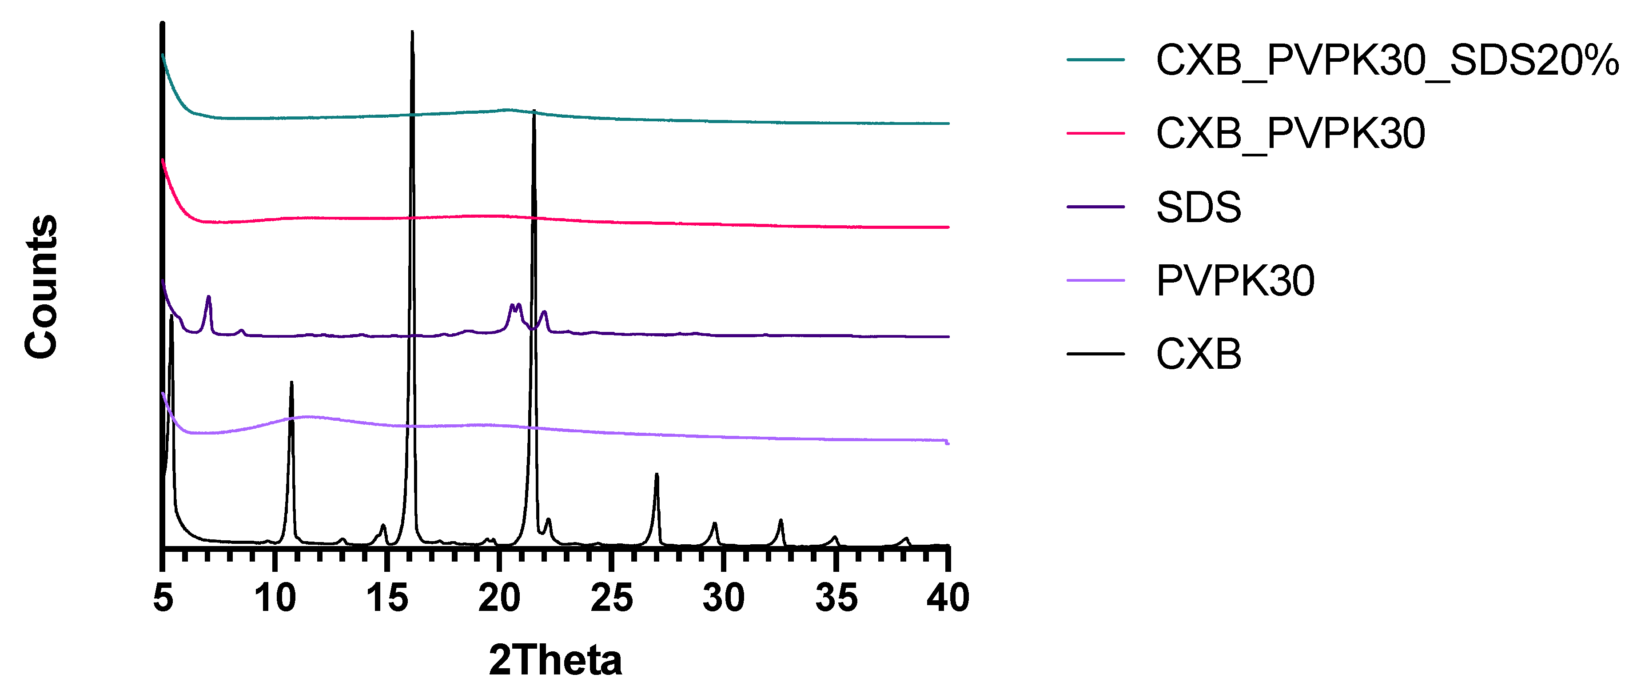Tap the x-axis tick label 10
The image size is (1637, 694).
275,598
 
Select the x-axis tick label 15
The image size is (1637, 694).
387,598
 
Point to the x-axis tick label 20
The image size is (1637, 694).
499,598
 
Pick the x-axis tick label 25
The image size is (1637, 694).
611,598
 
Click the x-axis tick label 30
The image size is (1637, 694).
723,598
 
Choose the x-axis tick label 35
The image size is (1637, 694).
836,598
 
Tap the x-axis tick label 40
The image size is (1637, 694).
948,598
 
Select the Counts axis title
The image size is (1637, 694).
42,287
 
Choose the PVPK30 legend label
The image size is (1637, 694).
1235,280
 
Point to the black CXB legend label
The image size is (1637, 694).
1198,354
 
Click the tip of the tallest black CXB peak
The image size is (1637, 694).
412,32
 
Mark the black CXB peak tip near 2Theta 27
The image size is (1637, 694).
657,475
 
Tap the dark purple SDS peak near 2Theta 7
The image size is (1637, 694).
208,297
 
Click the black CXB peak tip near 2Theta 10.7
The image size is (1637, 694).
291,383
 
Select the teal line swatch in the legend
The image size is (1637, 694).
1095,60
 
